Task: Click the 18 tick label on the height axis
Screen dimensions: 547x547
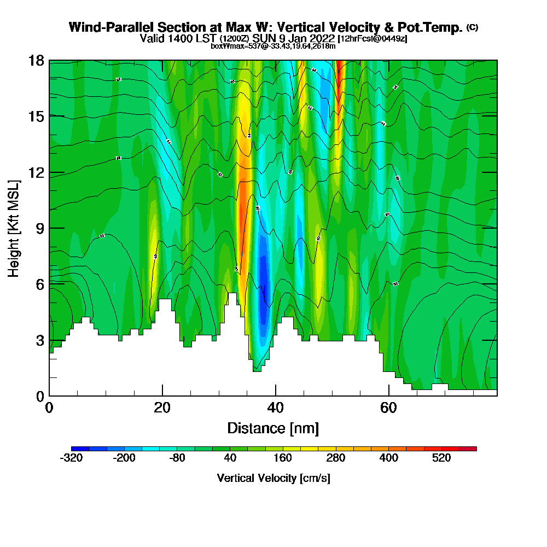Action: coord(37,60)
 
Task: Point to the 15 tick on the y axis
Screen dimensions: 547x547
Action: coord(37,116)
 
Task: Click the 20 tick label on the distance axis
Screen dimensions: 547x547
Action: coord(162,408)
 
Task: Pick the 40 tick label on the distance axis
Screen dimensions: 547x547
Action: coord(275,408)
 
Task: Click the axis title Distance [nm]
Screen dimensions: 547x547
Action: coord(273,428)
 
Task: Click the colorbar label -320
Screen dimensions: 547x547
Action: coord(71,458)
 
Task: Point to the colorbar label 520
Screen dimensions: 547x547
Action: coord(441,458)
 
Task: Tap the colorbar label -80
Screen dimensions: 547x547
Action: coord(177,458)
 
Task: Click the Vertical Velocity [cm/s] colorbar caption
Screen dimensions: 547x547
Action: coord(273,478)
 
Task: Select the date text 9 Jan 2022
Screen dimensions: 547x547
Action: coord(307,38)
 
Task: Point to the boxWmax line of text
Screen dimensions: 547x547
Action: coord(273,46)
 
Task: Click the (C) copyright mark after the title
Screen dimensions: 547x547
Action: coord(472,27)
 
